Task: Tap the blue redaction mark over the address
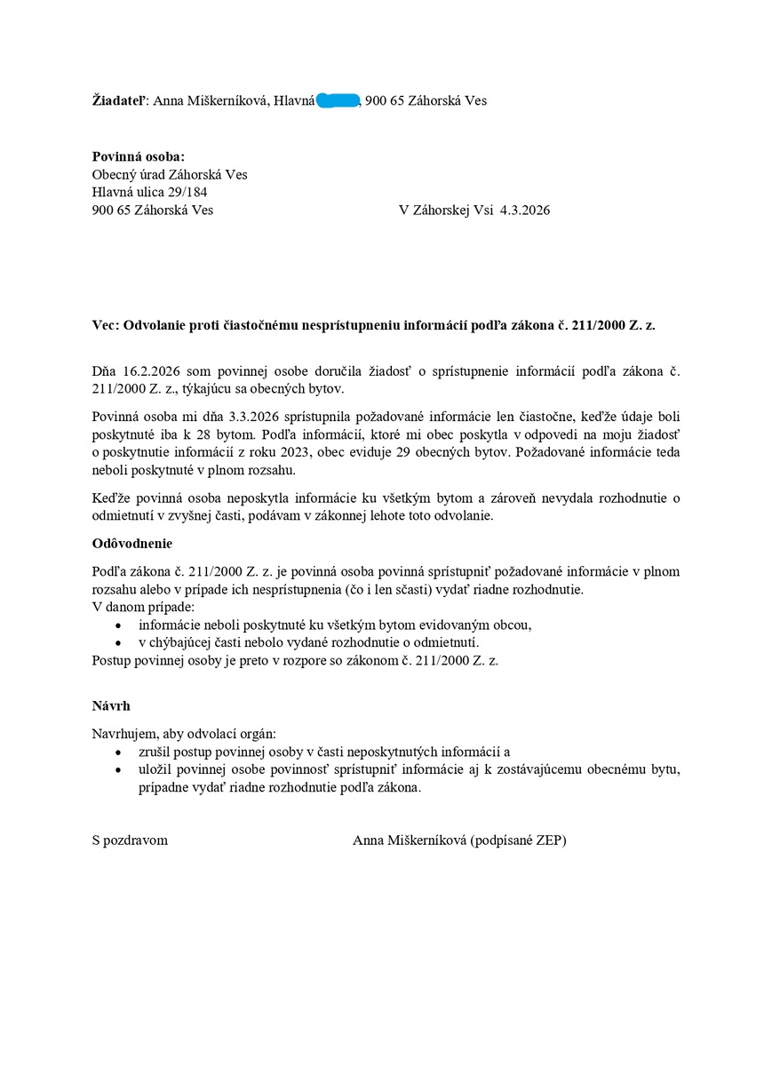pos(338,100)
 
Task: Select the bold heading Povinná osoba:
pos(139,156)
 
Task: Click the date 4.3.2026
pos(525,211)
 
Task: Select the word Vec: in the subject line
pos(106,326)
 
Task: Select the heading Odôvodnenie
pos(132,543)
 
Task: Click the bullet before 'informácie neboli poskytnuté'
pos(119,625)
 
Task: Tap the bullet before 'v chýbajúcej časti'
pos(119,642)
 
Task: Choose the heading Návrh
pos(111,705)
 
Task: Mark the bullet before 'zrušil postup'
pos(119,752)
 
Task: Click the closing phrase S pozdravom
pos(130,840)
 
